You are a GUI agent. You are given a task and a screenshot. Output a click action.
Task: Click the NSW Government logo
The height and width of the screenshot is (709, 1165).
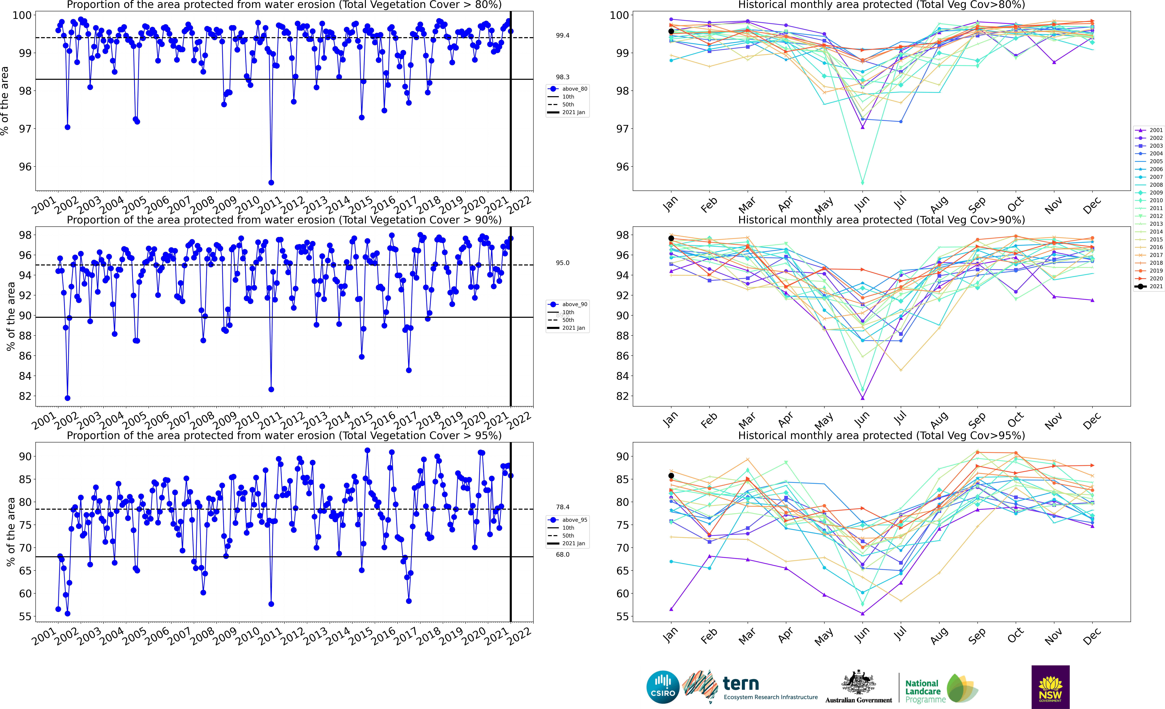pyautogui.click(x=1050, y=687)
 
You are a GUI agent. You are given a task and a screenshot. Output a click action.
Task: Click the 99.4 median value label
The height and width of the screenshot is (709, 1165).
pyautogui.click(x=563, y=35)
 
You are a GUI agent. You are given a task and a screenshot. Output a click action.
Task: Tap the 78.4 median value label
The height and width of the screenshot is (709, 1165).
pyautogui.click(x=563, y=507)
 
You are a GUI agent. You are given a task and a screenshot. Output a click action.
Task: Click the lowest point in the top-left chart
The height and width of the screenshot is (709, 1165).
pyautogui.click(x=271, y=182)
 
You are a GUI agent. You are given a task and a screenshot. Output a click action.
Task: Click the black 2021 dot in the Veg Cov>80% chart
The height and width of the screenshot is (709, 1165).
pyautogui.click(x=671, y=31)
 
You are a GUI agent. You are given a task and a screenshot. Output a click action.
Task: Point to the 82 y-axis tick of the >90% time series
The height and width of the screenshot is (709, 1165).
pyautogui.click(x=25, y=396)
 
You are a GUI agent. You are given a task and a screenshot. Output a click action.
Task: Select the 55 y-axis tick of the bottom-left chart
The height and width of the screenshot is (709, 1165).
pyautogui.click(x=25, y=616)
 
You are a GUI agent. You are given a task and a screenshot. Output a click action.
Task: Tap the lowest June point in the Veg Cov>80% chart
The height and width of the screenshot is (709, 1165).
pyautogui.click(x=862, y=182)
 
